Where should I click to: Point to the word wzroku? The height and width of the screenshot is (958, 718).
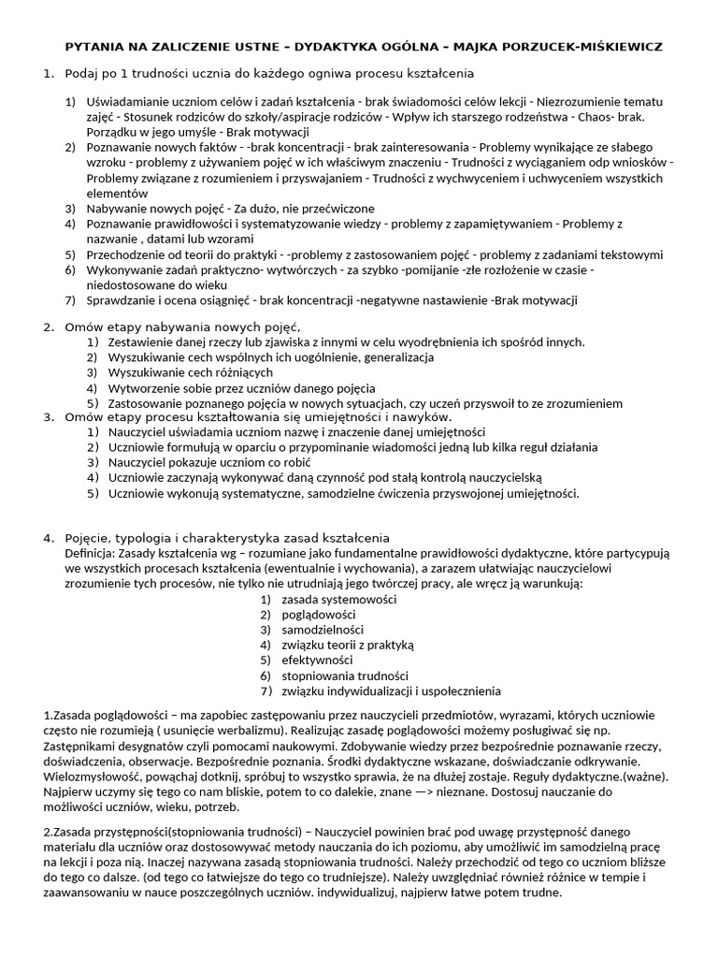[105, 164]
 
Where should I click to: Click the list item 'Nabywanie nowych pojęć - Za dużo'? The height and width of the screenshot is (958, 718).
[231, 209]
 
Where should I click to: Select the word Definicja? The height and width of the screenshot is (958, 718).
[92, 553]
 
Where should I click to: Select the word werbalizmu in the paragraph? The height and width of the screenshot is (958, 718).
[309, 732]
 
